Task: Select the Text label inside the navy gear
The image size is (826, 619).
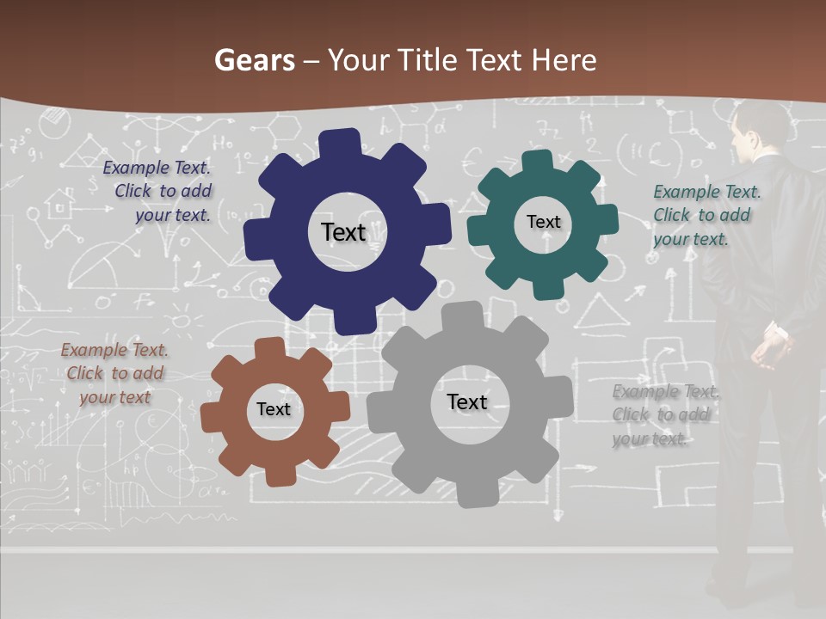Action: coord(343,232)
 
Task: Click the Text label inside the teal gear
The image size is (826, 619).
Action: coord(543,222)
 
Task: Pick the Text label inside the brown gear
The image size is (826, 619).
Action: coord(274,409)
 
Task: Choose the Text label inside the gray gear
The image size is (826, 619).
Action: coord(467,401)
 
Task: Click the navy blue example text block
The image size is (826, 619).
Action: coord(158,192)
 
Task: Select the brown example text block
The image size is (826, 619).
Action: coord(114,373)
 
